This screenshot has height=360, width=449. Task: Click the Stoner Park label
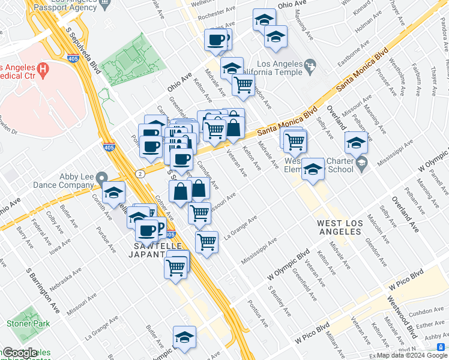[x=23, y=323]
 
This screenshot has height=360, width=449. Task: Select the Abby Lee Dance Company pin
[x=103, y=178]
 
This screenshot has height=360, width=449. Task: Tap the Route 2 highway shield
[x=139, y=173]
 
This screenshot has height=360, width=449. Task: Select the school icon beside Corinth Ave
[x=113, y=193]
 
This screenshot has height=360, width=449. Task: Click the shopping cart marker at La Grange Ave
[x=206, y=242]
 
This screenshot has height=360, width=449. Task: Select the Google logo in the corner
[x=19, y=353]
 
